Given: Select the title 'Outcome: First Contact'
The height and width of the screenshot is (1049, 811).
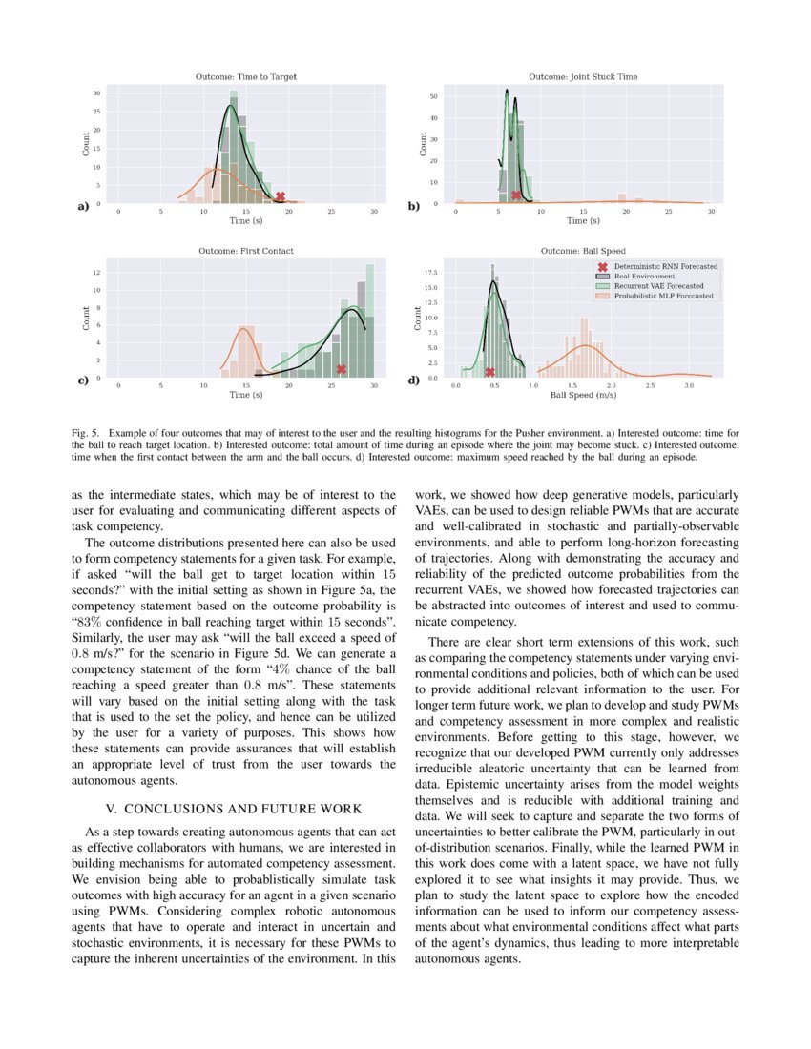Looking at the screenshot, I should (x=245, y=251).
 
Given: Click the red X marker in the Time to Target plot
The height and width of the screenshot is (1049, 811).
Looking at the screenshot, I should (x=280, y=196).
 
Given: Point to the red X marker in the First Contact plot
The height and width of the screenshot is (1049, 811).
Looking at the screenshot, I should (x=341, y=369).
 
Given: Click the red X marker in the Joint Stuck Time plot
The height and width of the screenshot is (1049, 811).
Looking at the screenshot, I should (x=516, y=195).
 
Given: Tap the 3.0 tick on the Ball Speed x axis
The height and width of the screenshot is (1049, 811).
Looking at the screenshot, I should (x=689, y=385).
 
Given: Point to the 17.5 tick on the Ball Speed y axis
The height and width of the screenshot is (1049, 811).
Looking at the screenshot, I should (x=429, y=272).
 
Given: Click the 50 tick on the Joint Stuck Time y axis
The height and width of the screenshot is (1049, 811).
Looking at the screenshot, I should (x=433, y=96).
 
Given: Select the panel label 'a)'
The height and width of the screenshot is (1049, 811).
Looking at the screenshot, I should (x=83, y=206).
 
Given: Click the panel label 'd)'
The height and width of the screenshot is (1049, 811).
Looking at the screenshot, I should (x=414, y=381).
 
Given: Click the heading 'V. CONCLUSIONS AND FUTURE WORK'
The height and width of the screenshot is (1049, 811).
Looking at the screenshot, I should (x=233, y=809).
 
